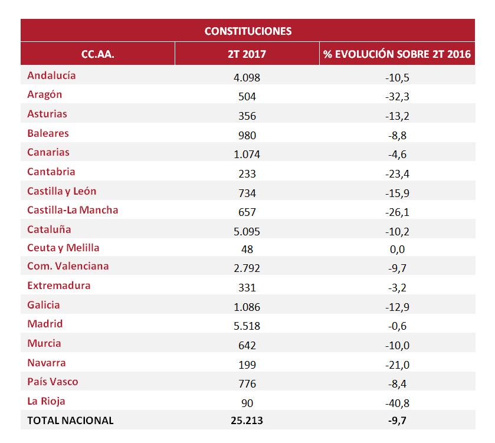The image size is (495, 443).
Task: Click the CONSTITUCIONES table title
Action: coord(248,31)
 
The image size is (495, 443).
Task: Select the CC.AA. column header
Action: coord(97,54)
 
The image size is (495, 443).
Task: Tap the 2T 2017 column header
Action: coord(247,54)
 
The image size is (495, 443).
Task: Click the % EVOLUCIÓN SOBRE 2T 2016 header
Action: coord(397,54)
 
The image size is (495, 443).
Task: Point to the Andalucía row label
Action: coord(51,76)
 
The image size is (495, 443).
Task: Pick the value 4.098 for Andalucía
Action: coord(247,77)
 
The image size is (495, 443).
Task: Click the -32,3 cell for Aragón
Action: coord(397,96)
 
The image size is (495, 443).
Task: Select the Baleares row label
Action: coord(48,133)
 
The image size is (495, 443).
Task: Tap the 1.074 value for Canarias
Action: coord(247,154)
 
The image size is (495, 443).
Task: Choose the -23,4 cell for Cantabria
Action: coord(397,173)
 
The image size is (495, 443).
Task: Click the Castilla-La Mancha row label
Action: coord(73,210)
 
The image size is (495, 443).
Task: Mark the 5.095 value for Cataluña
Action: coord(247,230)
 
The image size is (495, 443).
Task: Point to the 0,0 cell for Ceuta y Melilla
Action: coord(397,249)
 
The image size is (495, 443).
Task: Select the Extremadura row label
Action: coord(58,286)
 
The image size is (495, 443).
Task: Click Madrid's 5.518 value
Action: coord(247,326)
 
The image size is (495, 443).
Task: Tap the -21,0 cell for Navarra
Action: coord(397,364)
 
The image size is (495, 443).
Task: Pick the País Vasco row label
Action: coord(53,382)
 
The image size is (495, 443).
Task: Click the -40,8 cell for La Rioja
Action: coord(397,402)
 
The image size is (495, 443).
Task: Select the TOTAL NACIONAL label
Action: coord(70,421)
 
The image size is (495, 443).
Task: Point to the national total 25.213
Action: coord(247,421)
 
